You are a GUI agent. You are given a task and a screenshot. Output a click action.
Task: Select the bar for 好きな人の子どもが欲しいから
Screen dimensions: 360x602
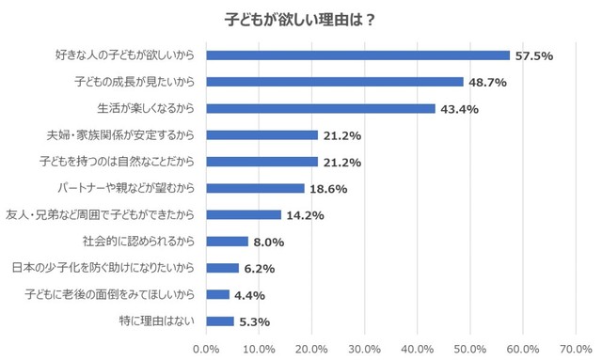(x=357, y=55)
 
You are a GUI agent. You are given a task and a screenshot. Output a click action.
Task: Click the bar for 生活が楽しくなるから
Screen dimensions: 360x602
(x=321, y=109)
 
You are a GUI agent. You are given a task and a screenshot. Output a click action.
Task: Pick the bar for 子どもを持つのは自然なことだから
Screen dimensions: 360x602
(x=262, y=162)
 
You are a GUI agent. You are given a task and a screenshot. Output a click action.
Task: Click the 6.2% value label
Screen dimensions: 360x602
(x=259, y=269)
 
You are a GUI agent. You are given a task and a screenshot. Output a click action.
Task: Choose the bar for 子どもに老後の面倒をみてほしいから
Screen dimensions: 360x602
(x=218, y=294)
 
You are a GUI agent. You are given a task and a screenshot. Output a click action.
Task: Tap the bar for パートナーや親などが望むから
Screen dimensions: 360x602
(x=255, y=188)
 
